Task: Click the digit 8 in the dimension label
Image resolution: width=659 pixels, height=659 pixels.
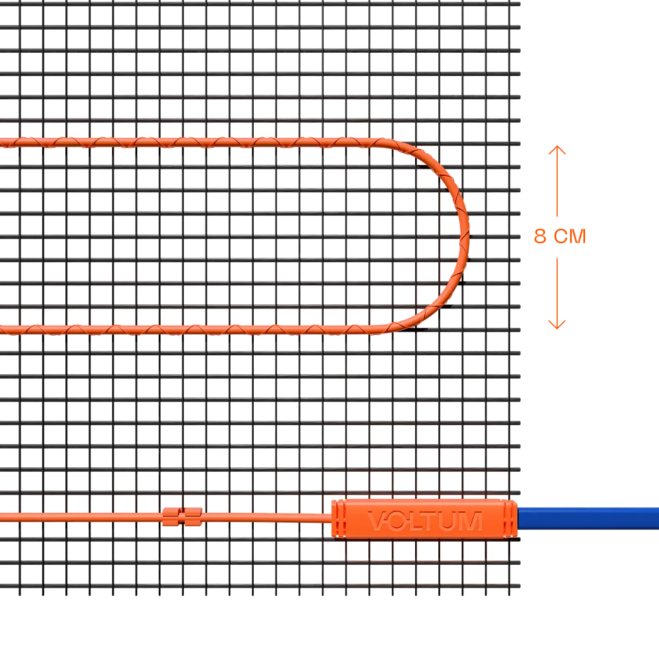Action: pyautogui.click(x=540, y=236)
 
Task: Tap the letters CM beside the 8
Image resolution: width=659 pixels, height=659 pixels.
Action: pyautogui.click(x=570, y=236)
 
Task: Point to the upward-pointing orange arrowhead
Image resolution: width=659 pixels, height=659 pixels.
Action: pyautogui.click(x=557, y=150)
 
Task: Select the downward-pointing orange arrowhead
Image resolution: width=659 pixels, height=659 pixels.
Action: pyautogui.click(x=557, y=324)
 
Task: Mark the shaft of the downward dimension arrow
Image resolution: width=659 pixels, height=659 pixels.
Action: pyautogui.click(x=557, y=293)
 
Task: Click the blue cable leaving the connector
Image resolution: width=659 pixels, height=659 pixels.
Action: pyautogui.click(x=588, y=518)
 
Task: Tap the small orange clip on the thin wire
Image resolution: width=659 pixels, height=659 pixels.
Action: pyautogui.click(x=182, y=517)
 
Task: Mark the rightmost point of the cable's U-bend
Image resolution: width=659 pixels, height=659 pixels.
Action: pyautogui.click(x=468, y=236)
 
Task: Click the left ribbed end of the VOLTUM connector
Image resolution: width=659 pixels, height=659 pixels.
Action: pyautogui.click(x=338, y=519)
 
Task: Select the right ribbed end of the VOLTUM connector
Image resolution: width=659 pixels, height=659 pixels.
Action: pyautogui.click(x=510, y=519)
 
